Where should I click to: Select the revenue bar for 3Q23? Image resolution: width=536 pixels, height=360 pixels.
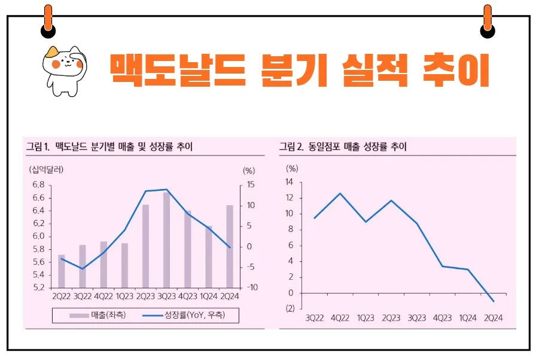click(167, 239)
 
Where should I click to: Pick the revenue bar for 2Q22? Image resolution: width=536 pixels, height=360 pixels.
click(61, 271)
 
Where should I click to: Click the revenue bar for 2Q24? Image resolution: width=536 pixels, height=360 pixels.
click(230, 246)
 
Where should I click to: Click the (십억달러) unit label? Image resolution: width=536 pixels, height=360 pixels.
click(45, 169)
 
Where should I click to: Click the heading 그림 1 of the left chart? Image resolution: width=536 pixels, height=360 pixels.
click(38, 146)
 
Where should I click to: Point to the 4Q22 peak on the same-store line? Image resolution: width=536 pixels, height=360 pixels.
click(340, 193)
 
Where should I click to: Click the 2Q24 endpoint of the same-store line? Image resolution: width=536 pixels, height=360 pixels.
click(493, 301)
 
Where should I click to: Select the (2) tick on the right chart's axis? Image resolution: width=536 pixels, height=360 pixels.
click(290, 309)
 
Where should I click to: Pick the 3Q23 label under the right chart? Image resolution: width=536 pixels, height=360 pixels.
click(416, 318)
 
